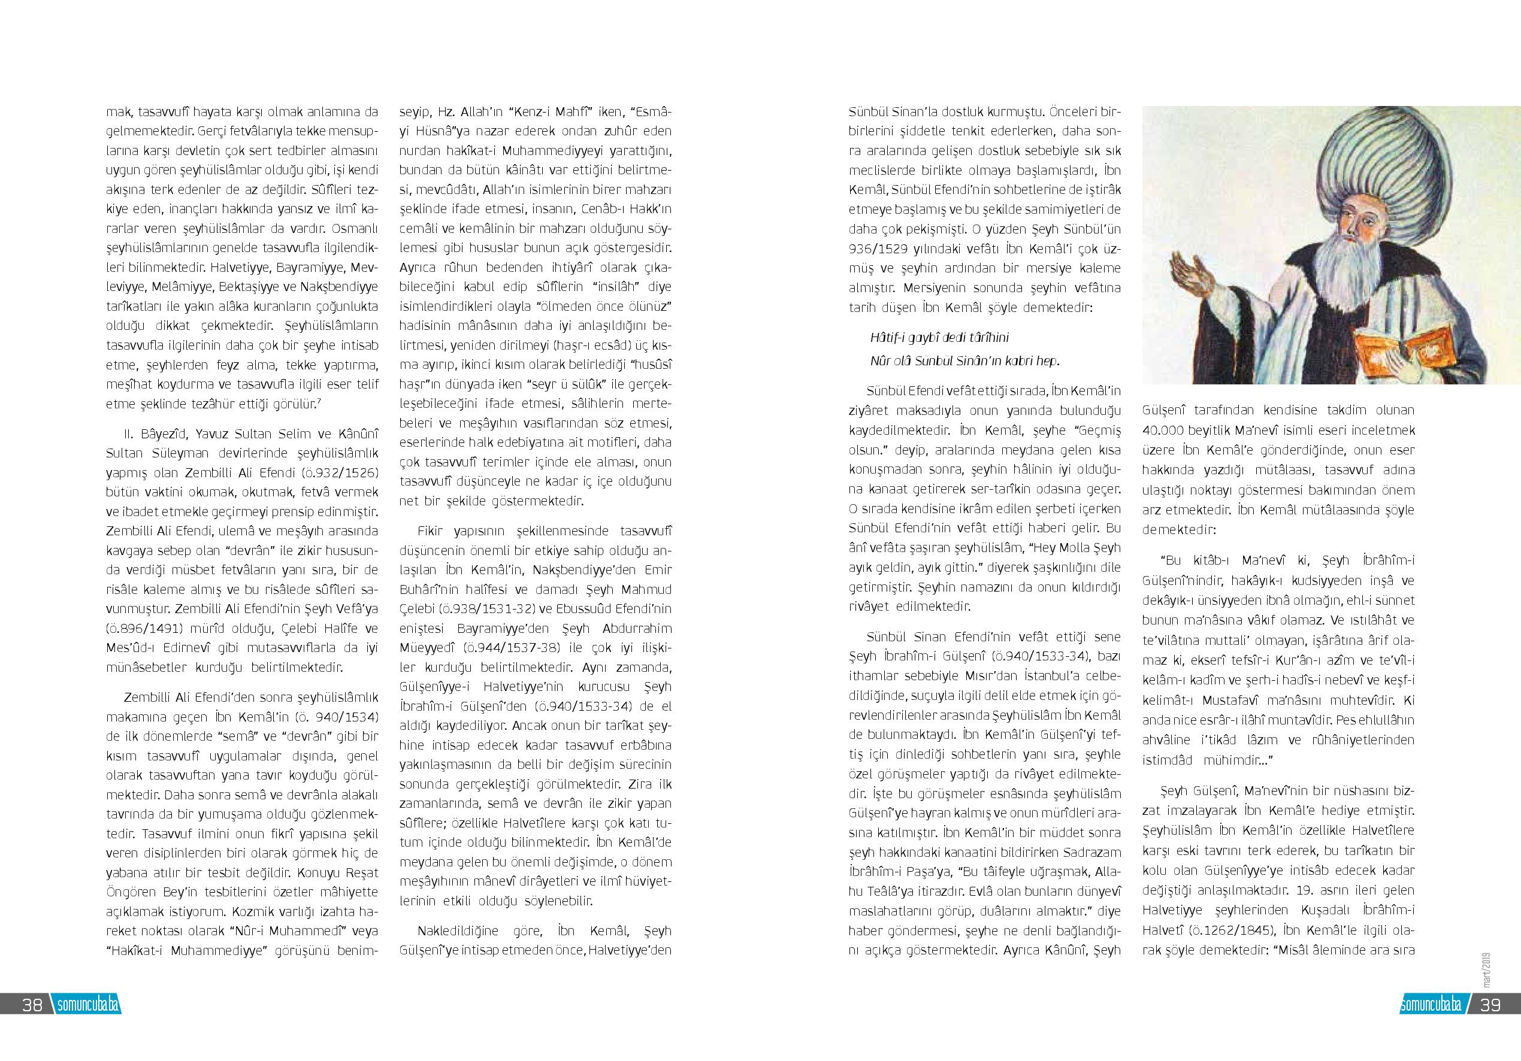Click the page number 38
pos(32,1005)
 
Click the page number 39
pos(1490,1005)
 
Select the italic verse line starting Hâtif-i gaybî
pos(939,338)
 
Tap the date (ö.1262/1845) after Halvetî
pos(1232,930)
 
